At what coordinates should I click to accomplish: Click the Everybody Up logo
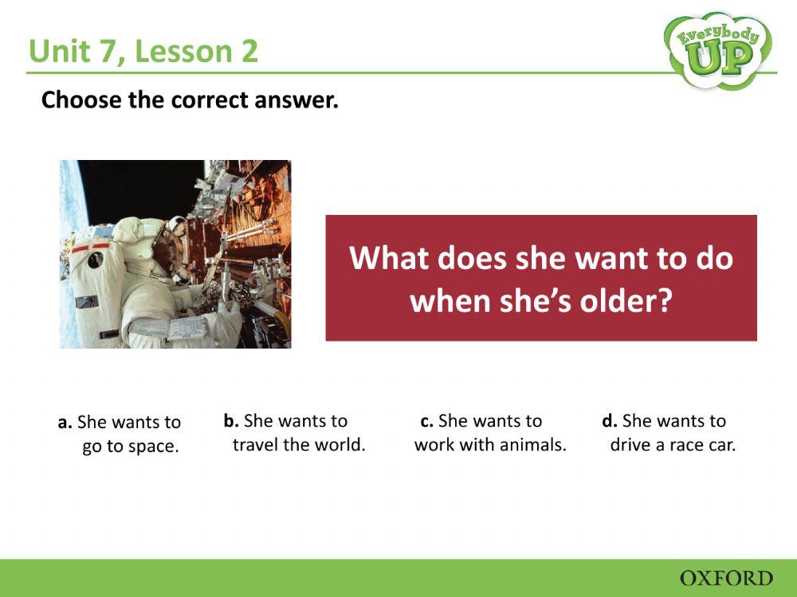717,49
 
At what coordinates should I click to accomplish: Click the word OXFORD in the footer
726,578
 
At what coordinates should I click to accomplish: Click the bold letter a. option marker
65,422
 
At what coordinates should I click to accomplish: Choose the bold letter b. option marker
231,420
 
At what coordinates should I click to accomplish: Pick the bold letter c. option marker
426,420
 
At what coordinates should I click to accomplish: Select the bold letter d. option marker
610,420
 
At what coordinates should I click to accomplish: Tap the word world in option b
341,444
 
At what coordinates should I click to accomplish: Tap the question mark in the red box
665,301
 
